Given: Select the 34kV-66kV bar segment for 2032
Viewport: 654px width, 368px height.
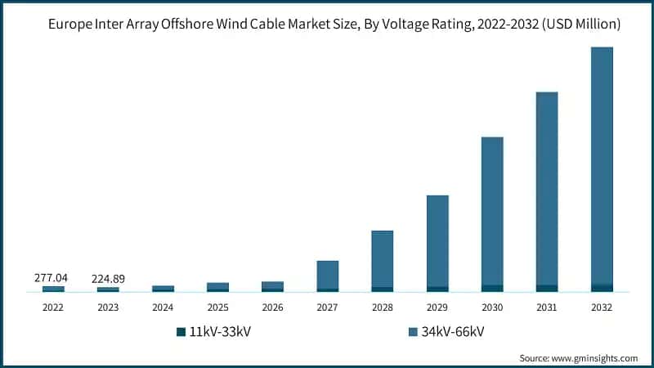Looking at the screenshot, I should click(602, 164).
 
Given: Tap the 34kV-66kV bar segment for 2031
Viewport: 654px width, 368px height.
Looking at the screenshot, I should click(547, 188).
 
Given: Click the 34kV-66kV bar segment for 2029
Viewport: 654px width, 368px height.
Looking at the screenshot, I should click(437, 240).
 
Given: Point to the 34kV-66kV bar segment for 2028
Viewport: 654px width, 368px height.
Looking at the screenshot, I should click(383, 258).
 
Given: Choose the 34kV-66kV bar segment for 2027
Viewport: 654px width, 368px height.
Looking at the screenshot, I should click(328, 275).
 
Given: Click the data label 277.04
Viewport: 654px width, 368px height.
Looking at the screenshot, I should click(50, 278).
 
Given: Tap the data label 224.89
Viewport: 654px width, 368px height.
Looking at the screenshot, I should click(108, 278).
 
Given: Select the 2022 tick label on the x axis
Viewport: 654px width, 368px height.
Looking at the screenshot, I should click(53, 307).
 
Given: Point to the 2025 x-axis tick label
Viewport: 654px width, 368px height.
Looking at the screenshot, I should click(217, 307).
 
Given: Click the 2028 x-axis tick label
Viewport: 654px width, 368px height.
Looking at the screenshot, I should click(383, 307).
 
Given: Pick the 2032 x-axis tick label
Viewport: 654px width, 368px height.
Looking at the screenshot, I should click(602, 307).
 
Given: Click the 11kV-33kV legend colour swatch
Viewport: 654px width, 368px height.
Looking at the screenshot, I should click(181, 331).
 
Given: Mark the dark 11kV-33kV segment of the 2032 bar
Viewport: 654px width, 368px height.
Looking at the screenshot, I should click(602, 288).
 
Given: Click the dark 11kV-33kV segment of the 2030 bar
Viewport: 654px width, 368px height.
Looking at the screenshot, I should click(492, 288).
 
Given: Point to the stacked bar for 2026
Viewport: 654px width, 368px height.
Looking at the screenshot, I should click(272, 286).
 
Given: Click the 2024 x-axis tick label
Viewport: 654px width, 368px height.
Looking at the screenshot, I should click(163, 307).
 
